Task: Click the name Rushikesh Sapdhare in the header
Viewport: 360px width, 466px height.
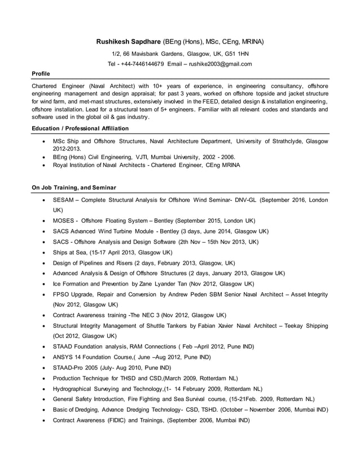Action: (x=128, y=42)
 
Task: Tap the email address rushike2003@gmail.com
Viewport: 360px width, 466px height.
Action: (x=220, y=64)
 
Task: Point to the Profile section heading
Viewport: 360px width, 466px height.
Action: (x=41, y=74)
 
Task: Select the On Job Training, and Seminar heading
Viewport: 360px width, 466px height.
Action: (x=74, y=187)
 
